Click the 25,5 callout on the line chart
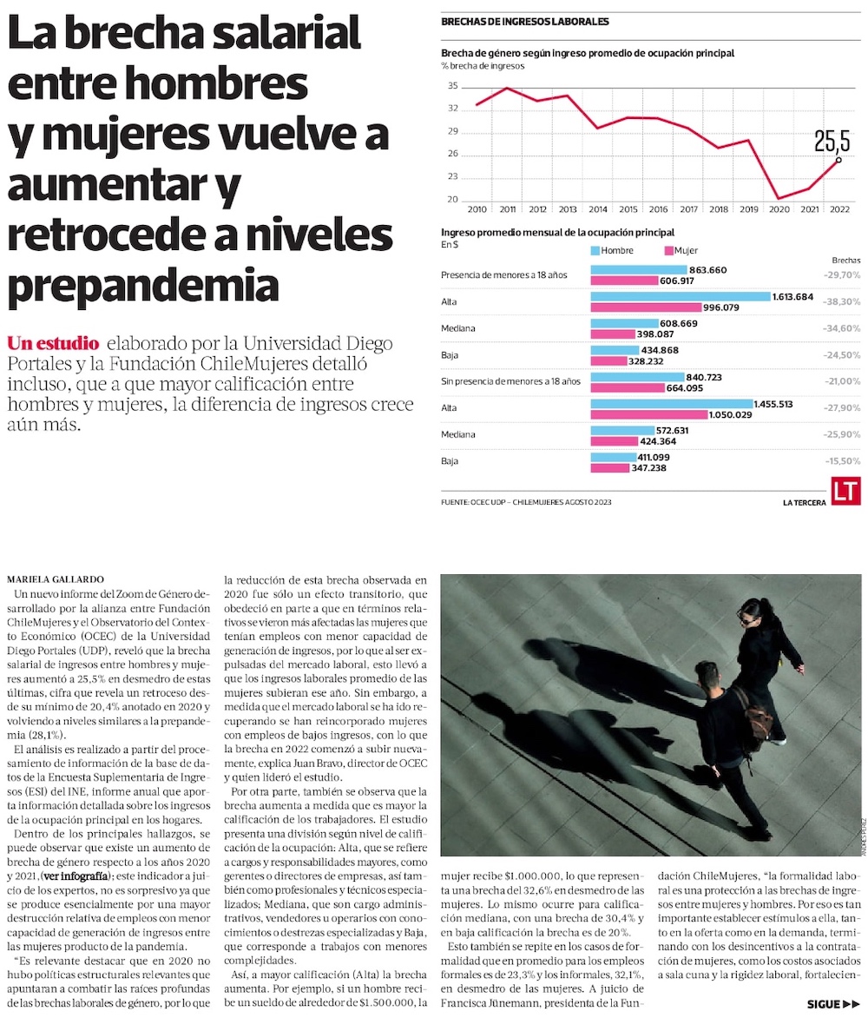click(x=832, y=141)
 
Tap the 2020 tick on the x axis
click(x=780, y=210)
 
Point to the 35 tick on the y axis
click(x=453, y=85)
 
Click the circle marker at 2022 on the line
click(x=838, y=160)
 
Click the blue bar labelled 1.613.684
click(x=681, y=296)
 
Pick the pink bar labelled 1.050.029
click(x=648, y=415)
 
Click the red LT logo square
click(x=845, y=492)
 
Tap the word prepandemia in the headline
click(x=144, y=286)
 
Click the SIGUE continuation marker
click(x=832, y=1004)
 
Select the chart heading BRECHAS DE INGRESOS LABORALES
click(x=525, y=22)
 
